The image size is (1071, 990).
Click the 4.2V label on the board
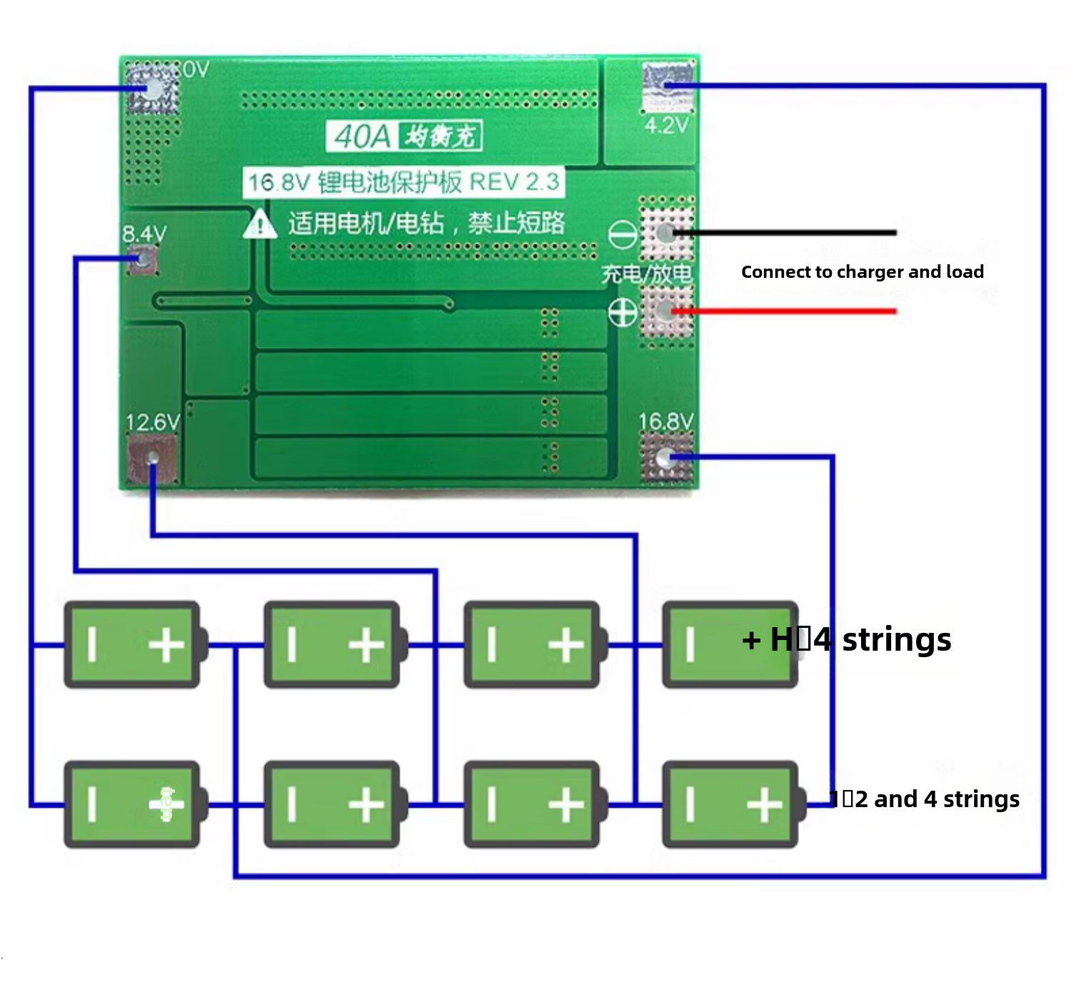[x=666, y=126]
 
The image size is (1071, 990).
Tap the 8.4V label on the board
[x=144, y=234]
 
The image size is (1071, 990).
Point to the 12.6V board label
[x=152, y=422]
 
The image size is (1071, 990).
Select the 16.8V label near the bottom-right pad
[x=665, y=421]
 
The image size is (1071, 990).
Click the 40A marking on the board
[x=362, y=136]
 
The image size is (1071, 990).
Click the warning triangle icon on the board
[x=260, y=224]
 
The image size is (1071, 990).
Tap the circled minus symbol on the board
[x=622, y=234]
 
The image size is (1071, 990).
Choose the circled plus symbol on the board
[x=622, y=312]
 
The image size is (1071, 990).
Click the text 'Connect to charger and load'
[x=862, y=271]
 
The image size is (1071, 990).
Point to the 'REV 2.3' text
[x=514, y=181]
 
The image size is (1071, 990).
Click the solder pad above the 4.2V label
[x=668, y=86]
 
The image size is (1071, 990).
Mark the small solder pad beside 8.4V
[x=142, y=259]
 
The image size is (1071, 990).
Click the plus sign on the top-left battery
[x=166, y=645]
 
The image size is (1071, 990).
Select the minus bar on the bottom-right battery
[x=690, y=804]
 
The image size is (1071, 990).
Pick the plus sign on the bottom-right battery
[x=764, y=805]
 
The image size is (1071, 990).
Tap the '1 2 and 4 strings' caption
[x=924, y=799]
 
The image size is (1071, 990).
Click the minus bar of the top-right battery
[x=690, y=644]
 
